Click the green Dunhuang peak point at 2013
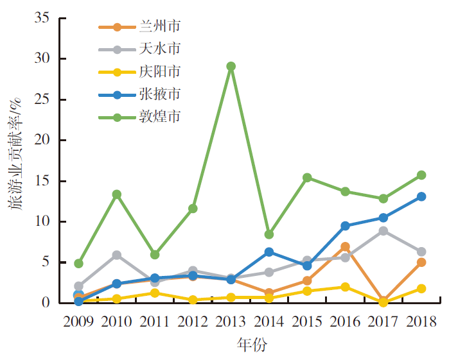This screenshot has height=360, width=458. pos(231,66)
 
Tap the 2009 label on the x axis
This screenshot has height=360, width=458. pos(78,320)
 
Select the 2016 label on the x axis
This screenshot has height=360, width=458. pos(345,320)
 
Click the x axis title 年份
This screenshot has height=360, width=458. pos(250,346)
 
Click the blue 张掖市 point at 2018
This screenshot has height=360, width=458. pos(421,196)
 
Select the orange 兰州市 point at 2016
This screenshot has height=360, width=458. pos(345,246)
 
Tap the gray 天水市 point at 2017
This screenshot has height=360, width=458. pos(383,231)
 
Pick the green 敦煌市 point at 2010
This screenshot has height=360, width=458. pos(117,194)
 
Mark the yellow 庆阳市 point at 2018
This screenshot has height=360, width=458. pos(421,289)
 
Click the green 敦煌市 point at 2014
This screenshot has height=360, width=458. pos(269,234)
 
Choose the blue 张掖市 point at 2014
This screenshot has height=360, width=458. pos(269,252)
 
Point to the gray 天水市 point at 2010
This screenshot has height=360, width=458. pos(117,255)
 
